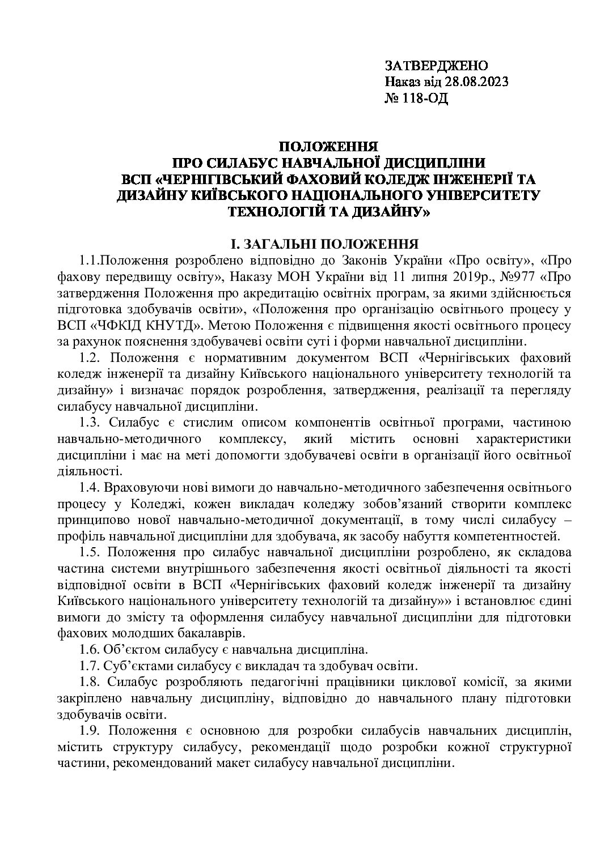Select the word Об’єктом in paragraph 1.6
pyautogui.click(x=129, y=649)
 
